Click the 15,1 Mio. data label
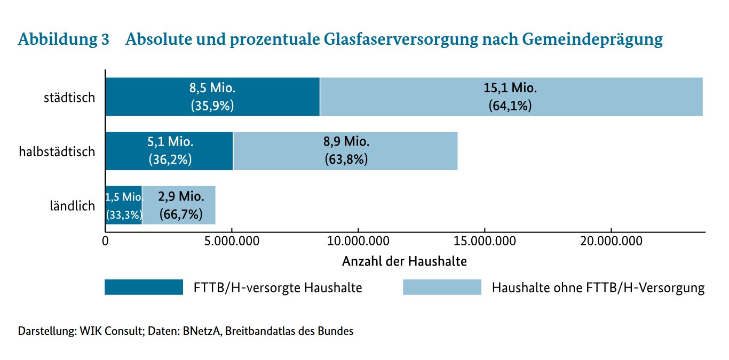[x=510, y=88]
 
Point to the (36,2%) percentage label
[x=170, y=160]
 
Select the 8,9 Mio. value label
[x=346, y=142]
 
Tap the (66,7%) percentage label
[x=181, y=214]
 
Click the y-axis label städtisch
[x=69, y=98]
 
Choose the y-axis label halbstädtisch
[x=57, y=151]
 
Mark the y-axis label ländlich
[x=73, y=206]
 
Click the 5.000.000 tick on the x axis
[x=232, y=242]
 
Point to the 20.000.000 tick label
[x=611, y=242]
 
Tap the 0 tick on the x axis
[x=106, y=242]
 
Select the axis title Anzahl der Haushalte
[x=405, y=261]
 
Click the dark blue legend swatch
[x=144, y=287]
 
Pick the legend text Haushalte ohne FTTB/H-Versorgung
[x=598, y=288]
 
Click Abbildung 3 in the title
[x=64, y=39]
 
